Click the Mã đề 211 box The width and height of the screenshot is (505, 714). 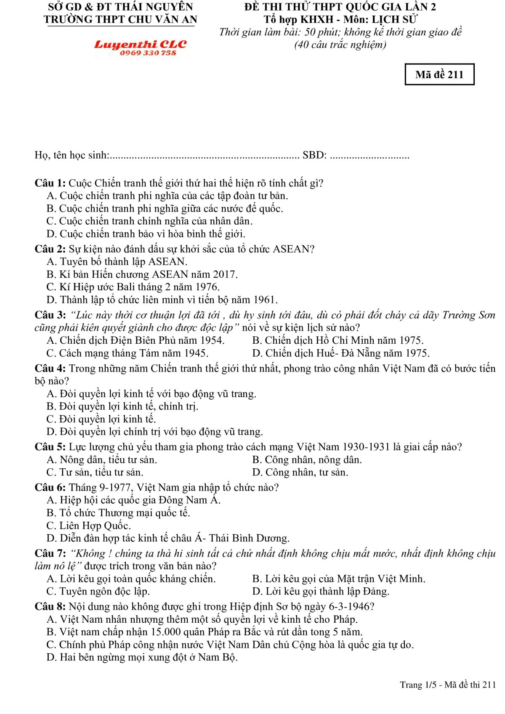[439, 74]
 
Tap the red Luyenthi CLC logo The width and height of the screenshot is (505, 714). [140, 45]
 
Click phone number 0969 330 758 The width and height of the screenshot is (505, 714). [148, 53]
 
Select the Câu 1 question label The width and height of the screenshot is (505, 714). [50, 183]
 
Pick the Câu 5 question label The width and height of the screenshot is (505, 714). [50, 447]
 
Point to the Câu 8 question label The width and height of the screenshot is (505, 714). [50, 606]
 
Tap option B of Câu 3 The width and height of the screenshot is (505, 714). [338, 340]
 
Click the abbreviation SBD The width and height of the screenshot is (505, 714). [314, 155]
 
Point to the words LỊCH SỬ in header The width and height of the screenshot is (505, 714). [394, 19]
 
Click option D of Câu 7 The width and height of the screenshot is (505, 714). [321, 591]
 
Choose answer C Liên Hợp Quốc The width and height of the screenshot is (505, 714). [89, 526]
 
